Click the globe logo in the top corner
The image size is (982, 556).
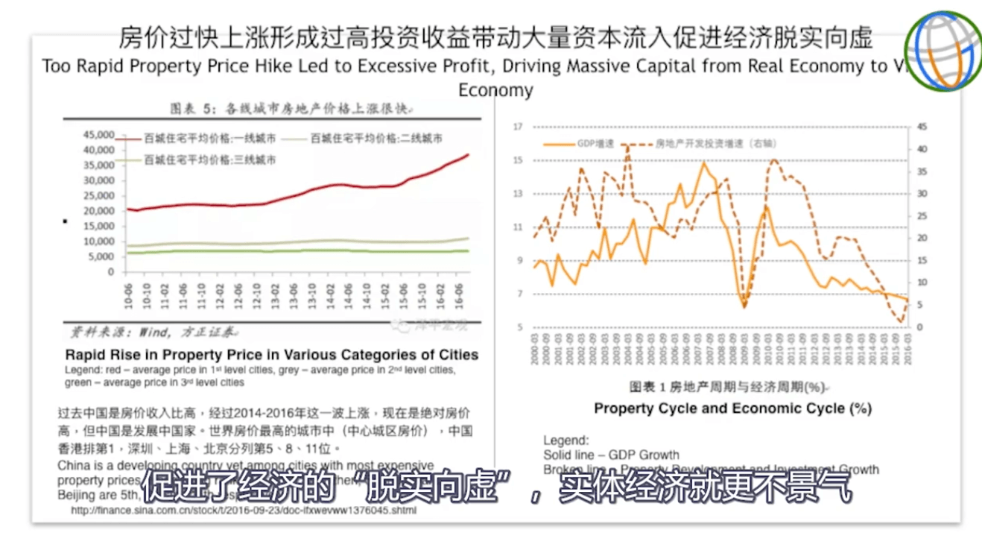tap(943, 51)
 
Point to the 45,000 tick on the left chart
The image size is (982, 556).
tap(98, 135)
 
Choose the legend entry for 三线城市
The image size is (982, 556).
tap(209, 159)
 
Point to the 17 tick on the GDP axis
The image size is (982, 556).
tap(518, 127)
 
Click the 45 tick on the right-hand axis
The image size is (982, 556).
tap(922, 127)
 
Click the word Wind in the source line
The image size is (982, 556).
tap(152, 332)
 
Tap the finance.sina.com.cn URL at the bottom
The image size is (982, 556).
tap(244, 511)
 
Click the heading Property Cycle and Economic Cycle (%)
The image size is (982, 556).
tap(732, 408)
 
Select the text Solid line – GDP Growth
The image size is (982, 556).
tap(611, 455)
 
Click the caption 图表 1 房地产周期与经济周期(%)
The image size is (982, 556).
tap(728, 387)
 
